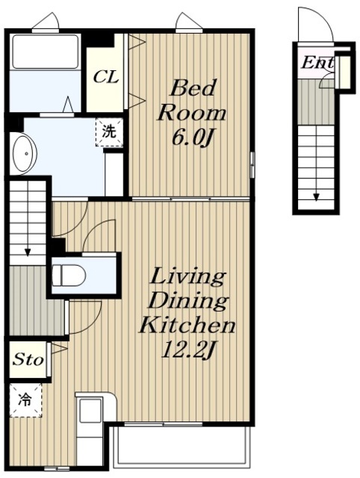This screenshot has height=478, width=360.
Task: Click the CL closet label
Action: click(x=106, y=77)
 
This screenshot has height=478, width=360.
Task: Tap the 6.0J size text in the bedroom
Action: click(x=192, y=137)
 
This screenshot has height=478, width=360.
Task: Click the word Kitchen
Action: click(x=187, y=326)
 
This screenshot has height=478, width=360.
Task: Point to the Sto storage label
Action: click(x=28, y=359)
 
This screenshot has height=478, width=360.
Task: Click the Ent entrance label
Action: click(x=317, y=63)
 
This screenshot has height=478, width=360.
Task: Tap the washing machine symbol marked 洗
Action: click(x=110, y=133)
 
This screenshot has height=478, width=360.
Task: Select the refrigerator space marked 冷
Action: click(x=25, y=400)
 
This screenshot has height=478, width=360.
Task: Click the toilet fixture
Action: click(x=69, y=276)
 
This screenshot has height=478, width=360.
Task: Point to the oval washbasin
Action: click(x=23, y=154)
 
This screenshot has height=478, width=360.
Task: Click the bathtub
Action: click(x=45, y=52)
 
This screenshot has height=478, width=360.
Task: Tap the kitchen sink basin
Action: click(x=90, y=410)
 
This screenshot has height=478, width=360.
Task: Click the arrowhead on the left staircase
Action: click(x=28, y=252)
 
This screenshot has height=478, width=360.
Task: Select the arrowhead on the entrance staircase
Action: click(x=316, y=197)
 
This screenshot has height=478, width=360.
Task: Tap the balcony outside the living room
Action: click(x=182, y=447)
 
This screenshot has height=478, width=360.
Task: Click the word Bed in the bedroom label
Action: click(x=193, y=88)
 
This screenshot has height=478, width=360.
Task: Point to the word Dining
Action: click(x=188, y=301)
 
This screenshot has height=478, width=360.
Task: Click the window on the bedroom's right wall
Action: click(x=252, y=164)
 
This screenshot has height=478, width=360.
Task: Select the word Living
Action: click(x=188, y=276)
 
